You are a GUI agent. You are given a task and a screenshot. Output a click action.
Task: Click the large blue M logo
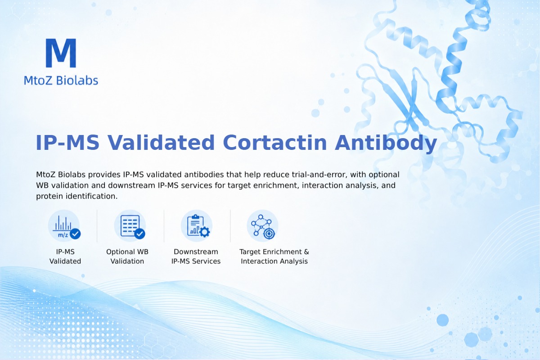[x=61, y=53]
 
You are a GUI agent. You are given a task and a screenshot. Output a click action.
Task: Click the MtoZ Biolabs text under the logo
[x=61, y=80]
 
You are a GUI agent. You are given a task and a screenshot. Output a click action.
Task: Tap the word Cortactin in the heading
[x=275, y=143]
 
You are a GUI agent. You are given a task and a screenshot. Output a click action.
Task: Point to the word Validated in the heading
[x=161, y=143]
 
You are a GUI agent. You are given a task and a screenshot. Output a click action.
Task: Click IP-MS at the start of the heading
[x=67, y=143]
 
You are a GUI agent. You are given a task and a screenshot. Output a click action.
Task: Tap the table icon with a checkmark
[x=130, y=226]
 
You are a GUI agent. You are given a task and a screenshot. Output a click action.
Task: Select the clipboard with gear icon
[x=197, y=226]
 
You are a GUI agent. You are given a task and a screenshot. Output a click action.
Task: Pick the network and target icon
[x=263, y=226]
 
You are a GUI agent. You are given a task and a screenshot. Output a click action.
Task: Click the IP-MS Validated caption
[x=65, y=256]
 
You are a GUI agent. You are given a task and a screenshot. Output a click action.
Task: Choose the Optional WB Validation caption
[x=127, y=256]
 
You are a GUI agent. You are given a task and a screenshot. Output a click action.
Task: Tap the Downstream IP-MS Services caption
[x=196, y=256]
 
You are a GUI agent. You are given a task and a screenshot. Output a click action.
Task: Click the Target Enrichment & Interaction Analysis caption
[x=274, y=256]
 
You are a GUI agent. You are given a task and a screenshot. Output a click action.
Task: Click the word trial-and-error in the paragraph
[x=319, y=174]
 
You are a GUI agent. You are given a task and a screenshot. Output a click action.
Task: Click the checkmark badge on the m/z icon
[x=75, y=234]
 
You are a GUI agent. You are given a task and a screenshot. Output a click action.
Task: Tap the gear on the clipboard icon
[x=205, y=232]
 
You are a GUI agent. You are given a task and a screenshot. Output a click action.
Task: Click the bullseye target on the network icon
[x=269, y=234]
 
